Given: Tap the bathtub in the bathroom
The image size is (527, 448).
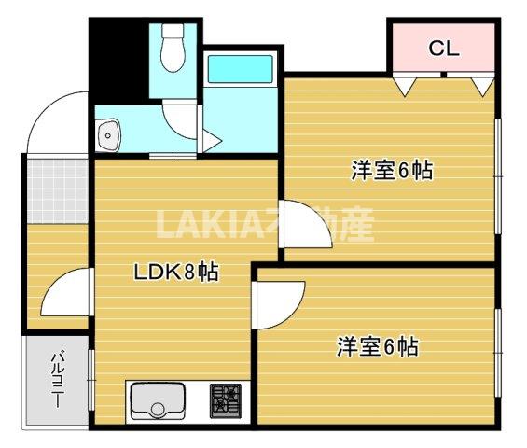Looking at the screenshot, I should point(239,70).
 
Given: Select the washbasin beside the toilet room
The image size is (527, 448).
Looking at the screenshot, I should point(110,134).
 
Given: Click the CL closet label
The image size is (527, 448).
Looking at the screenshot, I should point(444,49).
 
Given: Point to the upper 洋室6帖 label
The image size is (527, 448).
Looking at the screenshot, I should point(392,171).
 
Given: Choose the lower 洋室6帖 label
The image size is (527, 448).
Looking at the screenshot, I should point(377,347).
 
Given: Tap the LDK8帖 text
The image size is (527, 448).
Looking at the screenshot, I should point(176,273).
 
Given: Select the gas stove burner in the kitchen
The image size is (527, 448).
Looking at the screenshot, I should point(225,400).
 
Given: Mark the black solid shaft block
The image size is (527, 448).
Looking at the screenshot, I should point(118,61).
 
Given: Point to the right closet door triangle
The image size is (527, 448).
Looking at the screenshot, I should point(481,86).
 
